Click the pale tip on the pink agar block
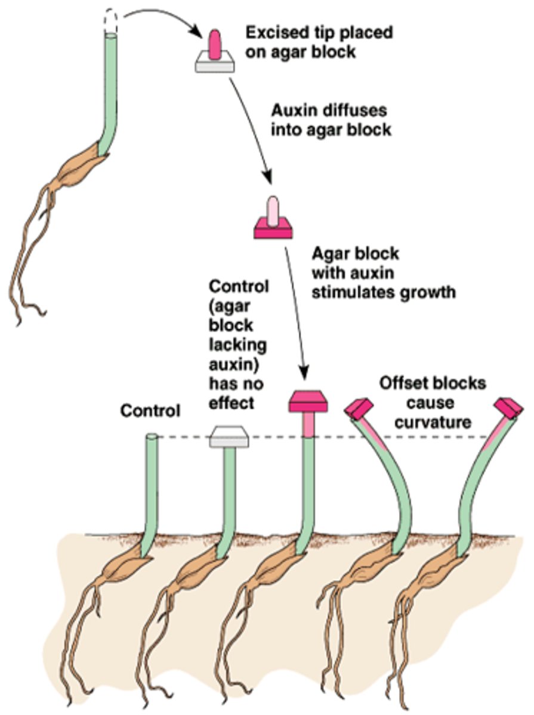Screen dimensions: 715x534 pyautogui.click(x=273, y=210)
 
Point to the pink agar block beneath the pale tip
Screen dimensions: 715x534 pyautogui.click(x=273, y=229)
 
